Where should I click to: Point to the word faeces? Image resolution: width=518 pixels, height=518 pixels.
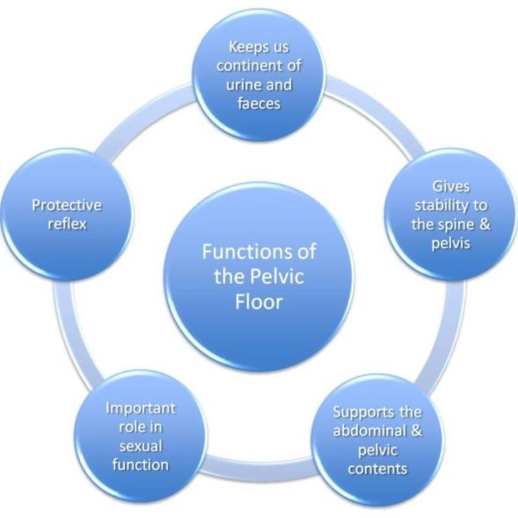(259, 102)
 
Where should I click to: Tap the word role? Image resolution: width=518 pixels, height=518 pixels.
(128, 428)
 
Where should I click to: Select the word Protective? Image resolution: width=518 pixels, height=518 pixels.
(67, 205)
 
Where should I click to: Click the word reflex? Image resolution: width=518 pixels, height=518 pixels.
(67, 225)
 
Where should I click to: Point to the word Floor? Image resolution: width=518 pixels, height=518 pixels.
(258, 302)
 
